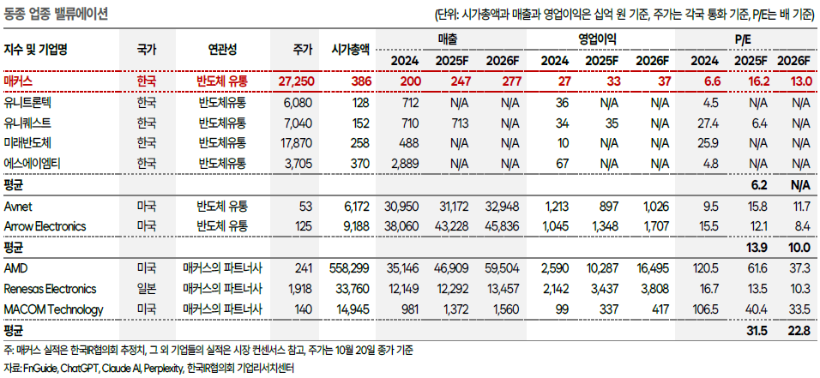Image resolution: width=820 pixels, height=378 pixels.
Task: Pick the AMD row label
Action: point(15,268)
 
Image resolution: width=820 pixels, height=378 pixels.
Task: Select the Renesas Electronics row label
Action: point(50,289)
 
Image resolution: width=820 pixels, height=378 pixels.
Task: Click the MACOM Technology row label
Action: point(53,309)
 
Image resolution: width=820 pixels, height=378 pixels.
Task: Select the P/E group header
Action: point(745,39)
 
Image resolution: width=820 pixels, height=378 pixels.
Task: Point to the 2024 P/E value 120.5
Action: point(704,268)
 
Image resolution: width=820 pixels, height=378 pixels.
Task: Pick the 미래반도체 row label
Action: point(29,142)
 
